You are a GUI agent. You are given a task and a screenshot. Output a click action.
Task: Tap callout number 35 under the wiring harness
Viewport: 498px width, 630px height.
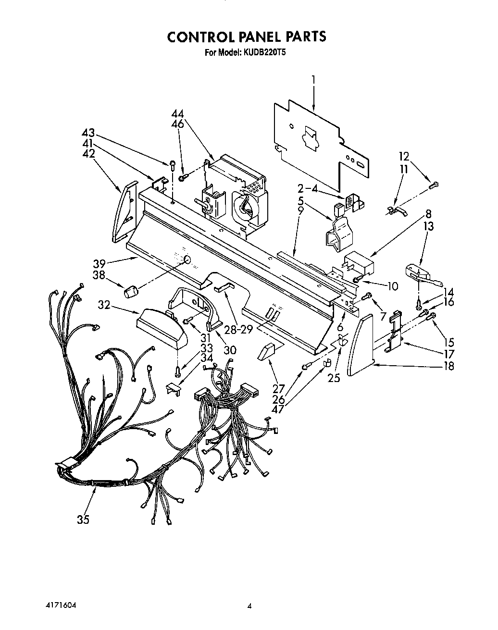pos(83,519)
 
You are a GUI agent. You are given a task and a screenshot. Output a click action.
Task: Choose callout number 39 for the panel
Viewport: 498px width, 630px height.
pos(99,264)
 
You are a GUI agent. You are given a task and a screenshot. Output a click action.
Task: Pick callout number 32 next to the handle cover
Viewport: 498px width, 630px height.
pos(104,305)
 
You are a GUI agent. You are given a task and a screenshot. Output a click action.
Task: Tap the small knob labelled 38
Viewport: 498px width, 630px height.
pos(130,291)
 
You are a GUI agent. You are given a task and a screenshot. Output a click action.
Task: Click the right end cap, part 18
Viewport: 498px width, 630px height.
pos(361,344)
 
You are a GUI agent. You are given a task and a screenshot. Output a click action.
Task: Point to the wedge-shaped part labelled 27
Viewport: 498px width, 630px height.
pos(267,352)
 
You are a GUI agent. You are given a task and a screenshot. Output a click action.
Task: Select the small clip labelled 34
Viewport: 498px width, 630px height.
pos(174,388)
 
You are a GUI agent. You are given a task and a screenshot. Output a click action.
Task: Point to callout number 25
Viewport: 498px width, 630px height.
pos(334,378)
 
